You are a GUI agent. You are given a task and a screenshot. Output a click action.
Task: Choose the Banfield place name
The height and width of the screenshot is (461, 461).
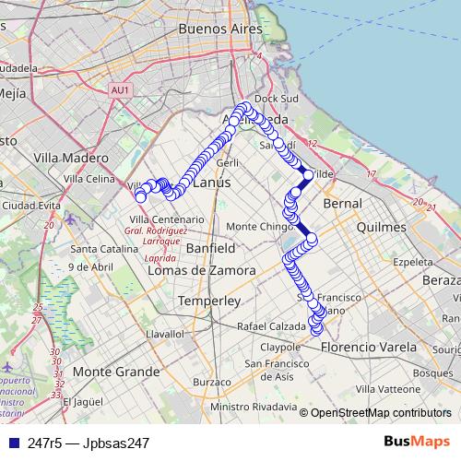tap(210, 249)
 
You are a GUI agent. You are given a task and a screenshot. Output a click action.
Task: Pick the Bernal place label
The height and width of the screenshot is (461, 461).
tap(343, 202)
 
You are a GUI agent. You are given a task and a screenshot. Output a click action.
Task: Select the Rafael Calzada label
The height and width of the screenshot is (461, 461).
tap(271, 325)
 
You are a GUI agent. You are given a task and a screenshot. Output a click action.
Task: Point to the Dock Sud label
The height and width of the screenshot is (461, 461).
tap(272, 98)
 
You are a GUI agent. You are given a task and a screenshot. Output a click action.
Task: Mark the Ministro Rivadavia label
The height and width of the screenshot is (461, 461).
tap(254, 407)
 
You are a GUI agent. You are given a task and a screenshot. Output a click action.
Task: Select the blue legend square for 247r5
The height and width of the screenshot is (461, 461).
tap(12, 443)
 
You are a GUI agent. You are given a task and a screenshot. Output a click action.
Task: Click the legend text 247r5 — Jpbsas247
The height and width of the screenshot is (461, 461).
tap(89, 443)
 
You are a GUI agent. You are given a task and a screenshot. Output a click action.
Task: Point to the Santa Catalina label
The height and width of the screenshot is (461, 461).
tap(102, 249)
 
